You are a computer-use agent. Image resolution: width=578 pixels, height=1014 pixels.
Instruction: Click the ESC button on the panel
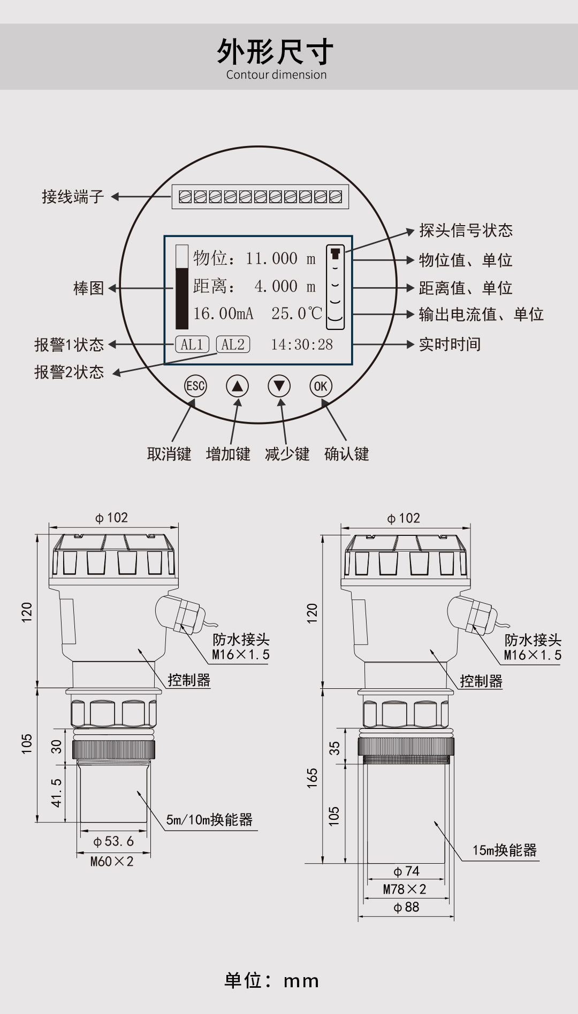click(x=195, y=386)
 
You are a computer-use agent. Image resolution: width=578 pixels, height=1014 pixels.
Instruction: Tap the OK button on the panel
click(x=321, y=386)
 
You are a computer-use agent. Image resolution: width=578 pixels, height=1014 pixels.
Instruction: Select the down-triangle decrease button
click(x=279, y=386)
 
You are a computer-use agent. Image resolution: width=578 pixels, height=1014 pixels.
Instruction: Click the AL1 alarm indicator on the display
click(x=192, y=344)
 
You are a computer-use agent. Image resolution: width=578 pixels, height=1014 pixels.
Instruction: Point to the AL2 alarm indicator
click(x=233, y=344)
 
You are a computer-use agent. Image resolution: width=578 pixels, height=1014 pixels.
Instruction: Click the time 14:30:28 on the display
click(x=302, y=344)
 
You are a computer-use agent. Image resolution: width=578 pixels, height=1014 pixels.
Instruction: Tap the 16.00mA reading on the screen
click(x=223, y=313)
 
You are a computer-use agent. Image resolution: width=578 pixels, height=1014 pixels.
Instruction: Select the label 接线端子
click(x=73, y=197)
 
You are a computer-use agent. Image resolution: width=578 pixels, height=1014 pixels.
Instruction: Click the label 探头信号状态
click(x=466, y=231)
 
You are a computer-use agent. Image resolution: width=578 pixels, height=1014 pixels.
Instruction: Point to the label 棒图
click(x=89, y=288)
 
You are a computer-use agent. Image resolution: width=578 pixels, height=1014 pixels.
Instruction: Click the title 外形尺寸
click(x=276, y=52)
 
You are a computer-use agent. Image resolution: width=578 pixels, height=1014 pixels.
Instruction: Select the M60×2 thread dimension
click(x=112, y=862)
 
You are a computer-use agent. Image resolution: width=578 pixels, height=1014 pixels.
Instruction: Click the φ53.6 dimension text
click(x=113, y=841)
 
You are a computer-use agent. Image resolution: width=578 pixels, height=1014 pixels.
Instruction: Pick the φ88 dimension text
click(x=406, y=907)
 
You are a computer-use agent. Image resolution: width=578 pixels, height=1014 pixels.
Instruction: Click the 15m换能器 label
click(x=504, y=850)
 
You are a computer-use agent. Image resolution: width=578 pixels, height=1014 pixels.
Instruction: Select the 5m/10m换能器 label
click(x=209, y=820)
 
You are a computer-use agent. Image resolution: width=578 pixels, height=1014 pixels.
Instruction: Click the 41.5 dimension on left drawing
click(x=57, y=792)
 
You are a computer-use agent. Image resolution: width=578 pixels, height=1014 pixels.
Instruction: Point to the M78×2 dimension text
click(x=405, y=889)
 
